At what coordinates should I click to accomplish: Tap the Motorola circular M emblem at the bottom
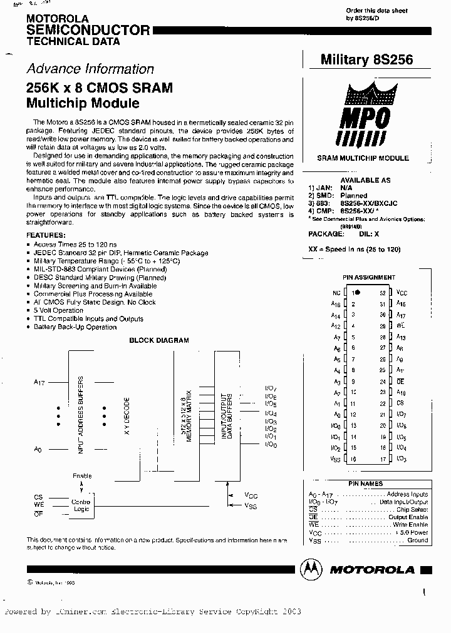point(309,569)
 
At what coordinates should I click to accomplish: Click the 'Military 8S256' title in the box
point(366,59)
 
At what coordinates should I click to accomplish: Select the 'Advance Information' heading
point(90,69)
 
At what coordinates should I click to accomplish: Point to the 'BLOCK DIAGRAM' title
point(158,340)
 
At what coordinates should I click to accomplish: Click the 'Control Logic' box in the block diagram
point(81,505)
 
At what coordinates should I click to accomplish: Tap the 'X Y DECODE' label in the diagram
point(127,415)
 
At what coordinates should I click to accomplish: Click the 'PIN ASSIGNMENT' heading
point(369,277)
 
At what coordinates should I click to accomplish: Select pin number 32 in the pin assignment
point(382,292)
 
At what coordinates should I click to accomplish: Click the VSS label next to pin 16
point(336,459)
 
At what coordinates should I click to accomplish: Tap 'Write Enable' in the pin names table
point(410,525)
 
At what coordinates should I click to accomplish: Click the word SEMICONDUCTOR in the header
point(88,30)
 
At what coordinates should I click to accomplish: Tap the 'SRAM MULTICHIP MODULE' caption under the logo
point(363,159)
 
